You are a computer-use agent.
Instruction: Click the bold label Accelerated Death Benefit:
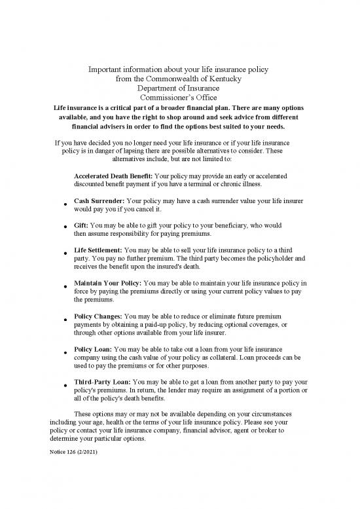point(113,176)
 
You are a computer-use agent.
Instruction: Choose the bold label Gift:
point(82,223)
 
